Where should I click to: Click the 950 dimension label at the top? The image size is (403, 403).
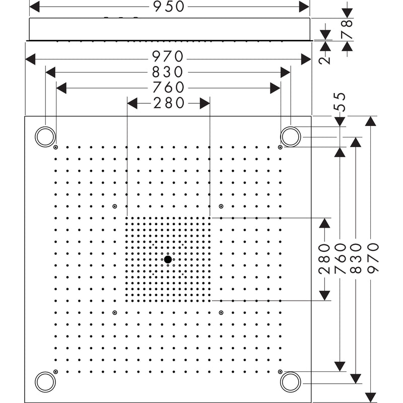169,7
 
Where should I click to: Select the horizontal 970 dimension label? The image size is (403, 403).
168,56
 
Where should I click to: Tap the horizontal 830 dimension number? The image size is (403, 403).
167,72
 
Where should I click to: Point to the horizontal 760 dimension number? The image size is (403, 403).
168,87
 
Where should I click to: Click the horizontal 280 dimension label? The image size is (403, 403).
169,103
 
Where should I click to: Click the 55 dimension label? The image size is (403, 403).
341,102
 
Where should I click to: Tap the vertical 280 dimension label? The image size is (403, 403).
324,259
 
